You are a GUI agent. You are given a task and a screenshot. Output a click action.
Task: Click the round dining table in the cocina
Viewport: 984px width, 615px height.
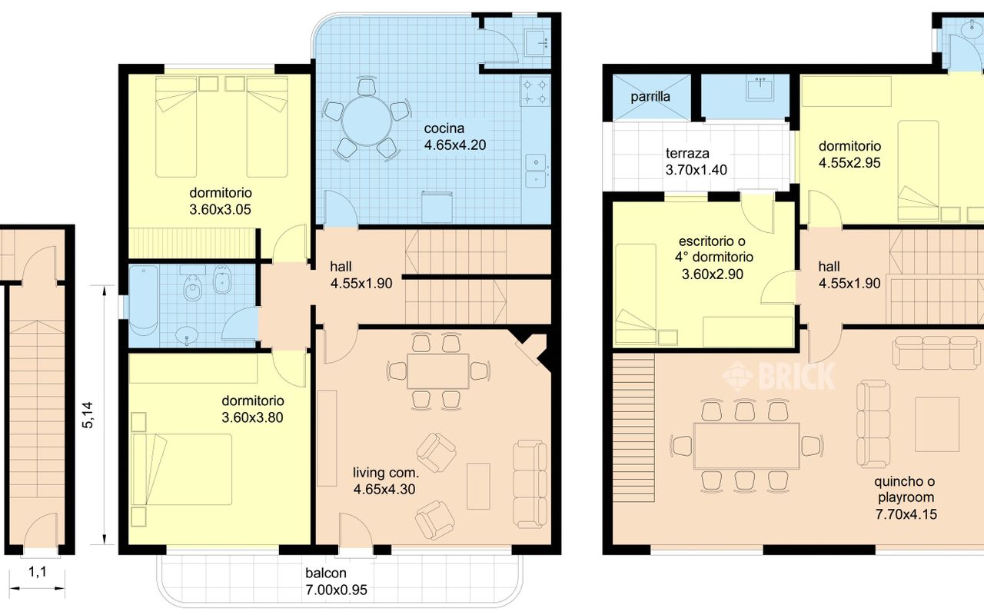[367, 121]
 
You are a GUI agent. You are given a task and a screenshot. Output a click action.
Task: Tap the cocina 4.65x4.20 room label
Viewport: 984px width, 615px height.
[455, 137]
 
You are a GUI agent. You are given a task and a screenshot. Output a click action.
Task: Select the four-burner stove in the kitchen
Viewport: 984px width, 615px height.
[535, 91]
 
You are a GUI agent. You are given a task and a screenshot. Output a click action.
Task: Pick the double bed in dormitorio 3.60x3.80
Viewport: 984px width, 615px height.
[181, 469]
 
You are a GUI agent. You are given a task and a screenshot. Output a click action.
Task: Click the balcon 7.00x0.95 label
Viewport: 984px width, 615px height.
[336, 581]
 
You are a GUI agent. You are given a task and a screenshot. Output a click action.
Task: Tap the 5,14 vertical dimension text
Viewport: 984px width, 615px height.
[88, 414]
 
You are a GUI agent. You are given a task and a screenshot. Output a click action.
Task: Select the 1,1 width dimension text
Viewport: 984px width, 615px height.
[38, 572]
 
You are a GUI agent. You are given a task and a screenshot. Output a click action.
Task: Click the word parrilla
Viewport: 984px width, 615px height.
[650, 97]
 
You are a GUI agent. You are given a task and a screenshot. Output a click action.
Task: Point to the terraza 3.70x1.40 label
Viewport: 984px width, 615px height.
[696, 161]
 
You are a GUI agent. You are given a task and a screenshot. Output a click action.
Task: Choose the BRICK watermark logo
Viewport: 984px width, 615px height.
[779, 376]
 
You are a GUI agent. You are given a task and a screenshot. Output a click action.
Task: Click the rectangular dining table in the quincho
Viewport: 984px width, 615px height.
[746, 446]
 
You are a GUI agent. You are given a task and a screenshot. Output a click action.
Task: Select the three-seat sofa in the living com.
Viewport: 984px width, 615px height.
[530, 484]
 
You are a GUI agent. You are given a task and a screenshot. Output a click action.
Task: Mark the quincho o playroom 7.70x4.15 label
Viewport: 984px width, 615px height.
[906, 497]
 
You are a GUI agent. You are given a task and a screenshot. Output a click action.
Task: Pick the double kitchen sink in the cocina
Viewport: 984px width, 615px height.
[536, 171]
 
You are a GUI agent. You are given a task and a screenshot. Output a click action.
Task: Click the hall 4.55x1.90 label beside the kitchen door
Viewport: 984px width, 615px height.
[361, 275]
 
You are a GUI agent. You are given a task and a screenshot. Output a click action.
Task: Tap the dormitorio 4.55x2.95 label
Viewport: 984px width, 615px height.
[849, 155]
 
